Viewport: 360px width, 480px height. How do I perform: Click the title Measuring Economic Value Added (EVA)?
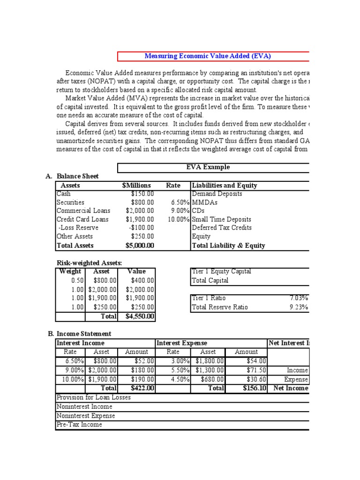click(208, 56)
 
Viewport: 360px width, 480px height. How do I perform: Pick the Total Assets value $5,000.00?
click(140, 246)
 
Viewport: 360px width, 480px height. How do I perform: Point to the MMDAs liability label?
click(202, 202)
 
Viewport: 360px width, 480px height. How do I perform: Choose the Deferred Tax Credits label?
click(222, 228)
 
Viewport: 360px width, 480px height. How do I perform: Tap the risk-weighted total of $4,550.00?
click(140, 317)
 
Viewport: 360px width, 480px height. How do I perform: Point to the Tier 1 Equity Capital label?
click(221, 271)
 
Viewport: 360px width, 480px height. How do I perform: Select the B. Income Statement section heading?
click(80, 334)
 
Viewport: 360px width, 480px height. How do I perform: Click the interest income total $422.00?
click(142, 388)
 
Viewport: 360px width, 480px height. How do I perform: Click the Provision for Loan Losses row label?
click(94, 397)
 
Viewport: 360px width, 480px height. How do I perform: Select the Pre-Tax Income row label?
click(80, 425)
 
